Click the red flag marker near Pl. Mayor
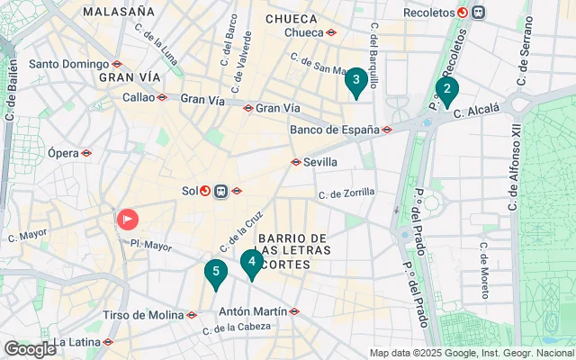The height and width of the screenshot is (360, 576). pos(128,219)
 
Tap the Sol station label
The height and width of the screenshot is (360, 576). pos(189,191)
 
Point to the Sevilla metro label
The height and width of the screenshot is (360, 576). pos(320,162)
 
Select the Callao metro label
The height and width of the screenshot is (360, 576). pos(139,97)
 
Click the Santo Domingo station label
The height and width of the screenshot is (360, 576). pos(69,64)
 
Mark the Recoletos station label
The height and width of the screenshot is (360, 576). pos(426,13)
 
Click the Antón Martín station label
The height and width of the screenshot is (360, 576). pos(254,311)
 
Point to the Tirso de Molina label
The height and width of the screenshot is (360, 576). pos(142,315)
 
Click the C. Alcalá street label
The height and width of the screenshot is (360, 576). pos(477,112)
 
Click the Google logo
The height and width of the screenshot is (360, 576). pos(30,349)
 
